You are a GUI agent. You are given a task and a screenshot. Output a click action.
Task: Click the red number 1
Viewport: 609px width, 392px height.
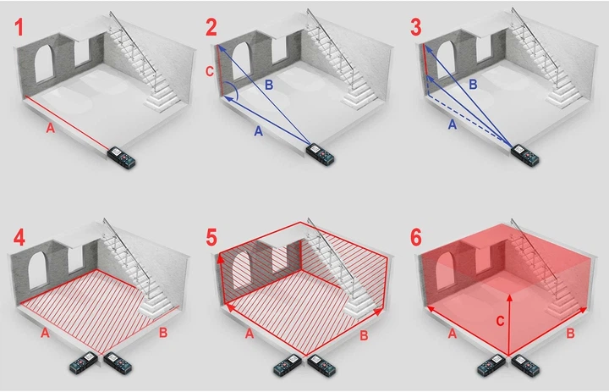click(x=19, y=27)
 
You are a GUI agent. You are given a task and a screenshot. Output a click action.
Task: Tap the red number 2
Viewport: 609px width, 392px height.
click(x=211, y=27)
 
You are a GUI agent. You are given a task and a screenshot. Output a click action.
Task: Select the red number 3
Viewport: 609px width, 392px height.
click(x=415, y=27)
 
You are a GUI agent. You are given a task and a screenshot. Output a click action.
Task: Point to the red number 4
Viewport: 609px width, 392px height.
click(x=19, y=237)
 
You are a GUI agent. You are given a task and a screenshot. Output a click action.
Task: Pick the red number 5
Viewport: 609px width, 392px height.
click(x=211, y=237)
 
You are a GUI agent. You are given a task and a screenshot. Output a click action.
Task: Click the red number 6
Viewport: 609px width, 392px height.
click(x=415, y=237)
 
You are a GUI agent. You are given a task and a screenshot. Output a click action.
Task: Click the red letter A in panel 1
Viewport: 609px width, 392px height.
click(x=50, y=128)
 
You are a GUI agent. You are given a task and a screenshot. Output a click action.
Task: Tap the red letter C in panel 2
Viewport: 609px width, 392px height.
click(x=210, y=71)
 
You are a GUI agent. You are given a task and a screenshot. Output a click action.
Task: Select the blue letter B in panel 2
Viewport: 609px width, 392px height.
click(x=269, y=85)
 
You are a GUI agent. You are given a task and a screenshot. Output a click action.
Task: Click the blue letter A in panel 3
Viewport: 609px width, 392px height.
click(x=452, y=124)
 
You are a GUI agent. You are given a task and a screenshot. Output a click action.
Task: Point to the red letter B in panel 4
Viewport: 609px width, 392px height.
click(x=163, y=333)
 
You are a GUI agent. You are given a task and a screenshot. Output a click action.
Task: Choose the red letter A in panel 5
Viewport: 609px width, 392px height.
click(x=250, y=334)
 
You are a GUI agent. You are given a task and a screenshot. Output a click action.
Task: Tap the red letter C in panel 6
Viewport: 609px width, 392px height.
click(x=500, y=321)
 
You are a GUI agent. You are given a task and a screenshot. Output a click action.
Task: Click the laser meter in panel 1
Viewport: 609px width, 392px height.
click(x=122, y=157)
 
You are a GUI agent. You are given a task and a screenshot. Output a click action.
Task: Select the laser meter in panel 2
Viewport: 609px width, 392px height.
click(x=321, y=153)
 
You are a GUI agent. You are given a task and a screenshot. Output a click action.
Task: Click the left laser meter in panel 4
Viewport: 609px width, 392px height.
click(x=84, y=362)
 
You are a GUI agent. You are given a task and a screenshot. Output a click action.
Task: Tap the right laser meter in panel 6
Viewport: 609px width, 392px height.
click(x=525, y=364)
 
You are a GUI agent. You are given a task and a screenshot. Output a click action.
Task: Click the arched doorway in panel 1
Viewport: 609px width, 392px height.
click(x=43, y=63)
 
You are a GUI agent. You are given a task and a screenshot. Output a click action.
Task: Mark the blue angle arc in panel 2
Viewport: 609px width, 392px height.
click(x=234, y=89)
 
